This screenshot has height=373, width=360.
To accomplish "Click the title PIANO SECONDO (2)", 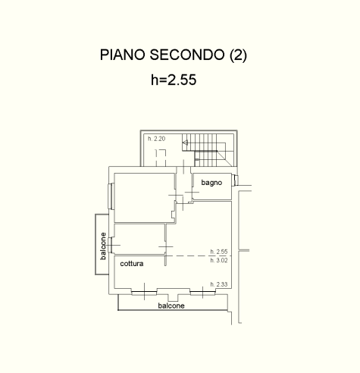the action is click(x=174, y=55).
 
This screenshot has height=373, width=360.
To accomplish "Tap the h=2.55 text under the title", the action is click(x=174, y=80).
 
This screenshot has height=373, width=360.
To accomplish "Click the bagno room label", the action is click(x=211, y=183).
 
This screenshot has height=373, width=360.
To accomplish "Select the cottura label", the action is click(x=132, y=264).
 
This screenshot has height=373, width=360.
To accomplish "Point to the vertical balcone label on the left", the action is click(x=103, y=246).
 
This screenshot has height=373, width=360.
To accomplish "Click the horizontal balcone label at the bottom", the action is click(x=171, y=306).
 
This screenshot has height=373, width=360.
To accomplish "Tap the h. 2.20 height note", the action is click(x=156, y=139).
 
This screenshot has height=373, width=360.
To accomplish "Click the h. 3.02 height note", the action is click(x=219, y=260).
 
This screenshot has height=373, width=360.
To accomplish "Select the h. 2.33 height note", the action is click(x=219, y=284).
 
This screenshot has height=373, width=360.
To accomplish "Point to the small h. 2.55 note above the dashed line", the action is click(x=219, y=252).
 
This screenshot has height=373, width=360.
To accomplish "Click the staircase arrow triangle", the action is click(x=186, y=143).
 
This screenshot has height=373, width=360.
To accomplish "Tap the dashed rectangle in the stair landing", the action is click(x=161, y=158).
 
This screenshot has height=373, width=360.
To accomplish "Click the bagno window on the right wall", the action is click(x=235, y=180).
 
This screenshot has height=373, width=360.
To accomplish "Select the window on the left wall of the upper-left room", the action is click(x=111, y=196).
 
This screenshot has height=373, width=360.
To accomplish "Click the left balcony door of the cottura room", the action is click(x=144, y=292).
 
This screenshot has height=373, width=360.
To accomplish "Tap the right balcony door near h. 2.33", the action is click(x=202, y=292).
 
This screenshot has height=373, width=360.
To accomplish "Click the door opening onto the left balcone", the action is click(x=111, y=245).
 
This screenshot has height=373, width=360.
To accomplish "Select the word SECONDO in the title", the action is click(x=187, y=55).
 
